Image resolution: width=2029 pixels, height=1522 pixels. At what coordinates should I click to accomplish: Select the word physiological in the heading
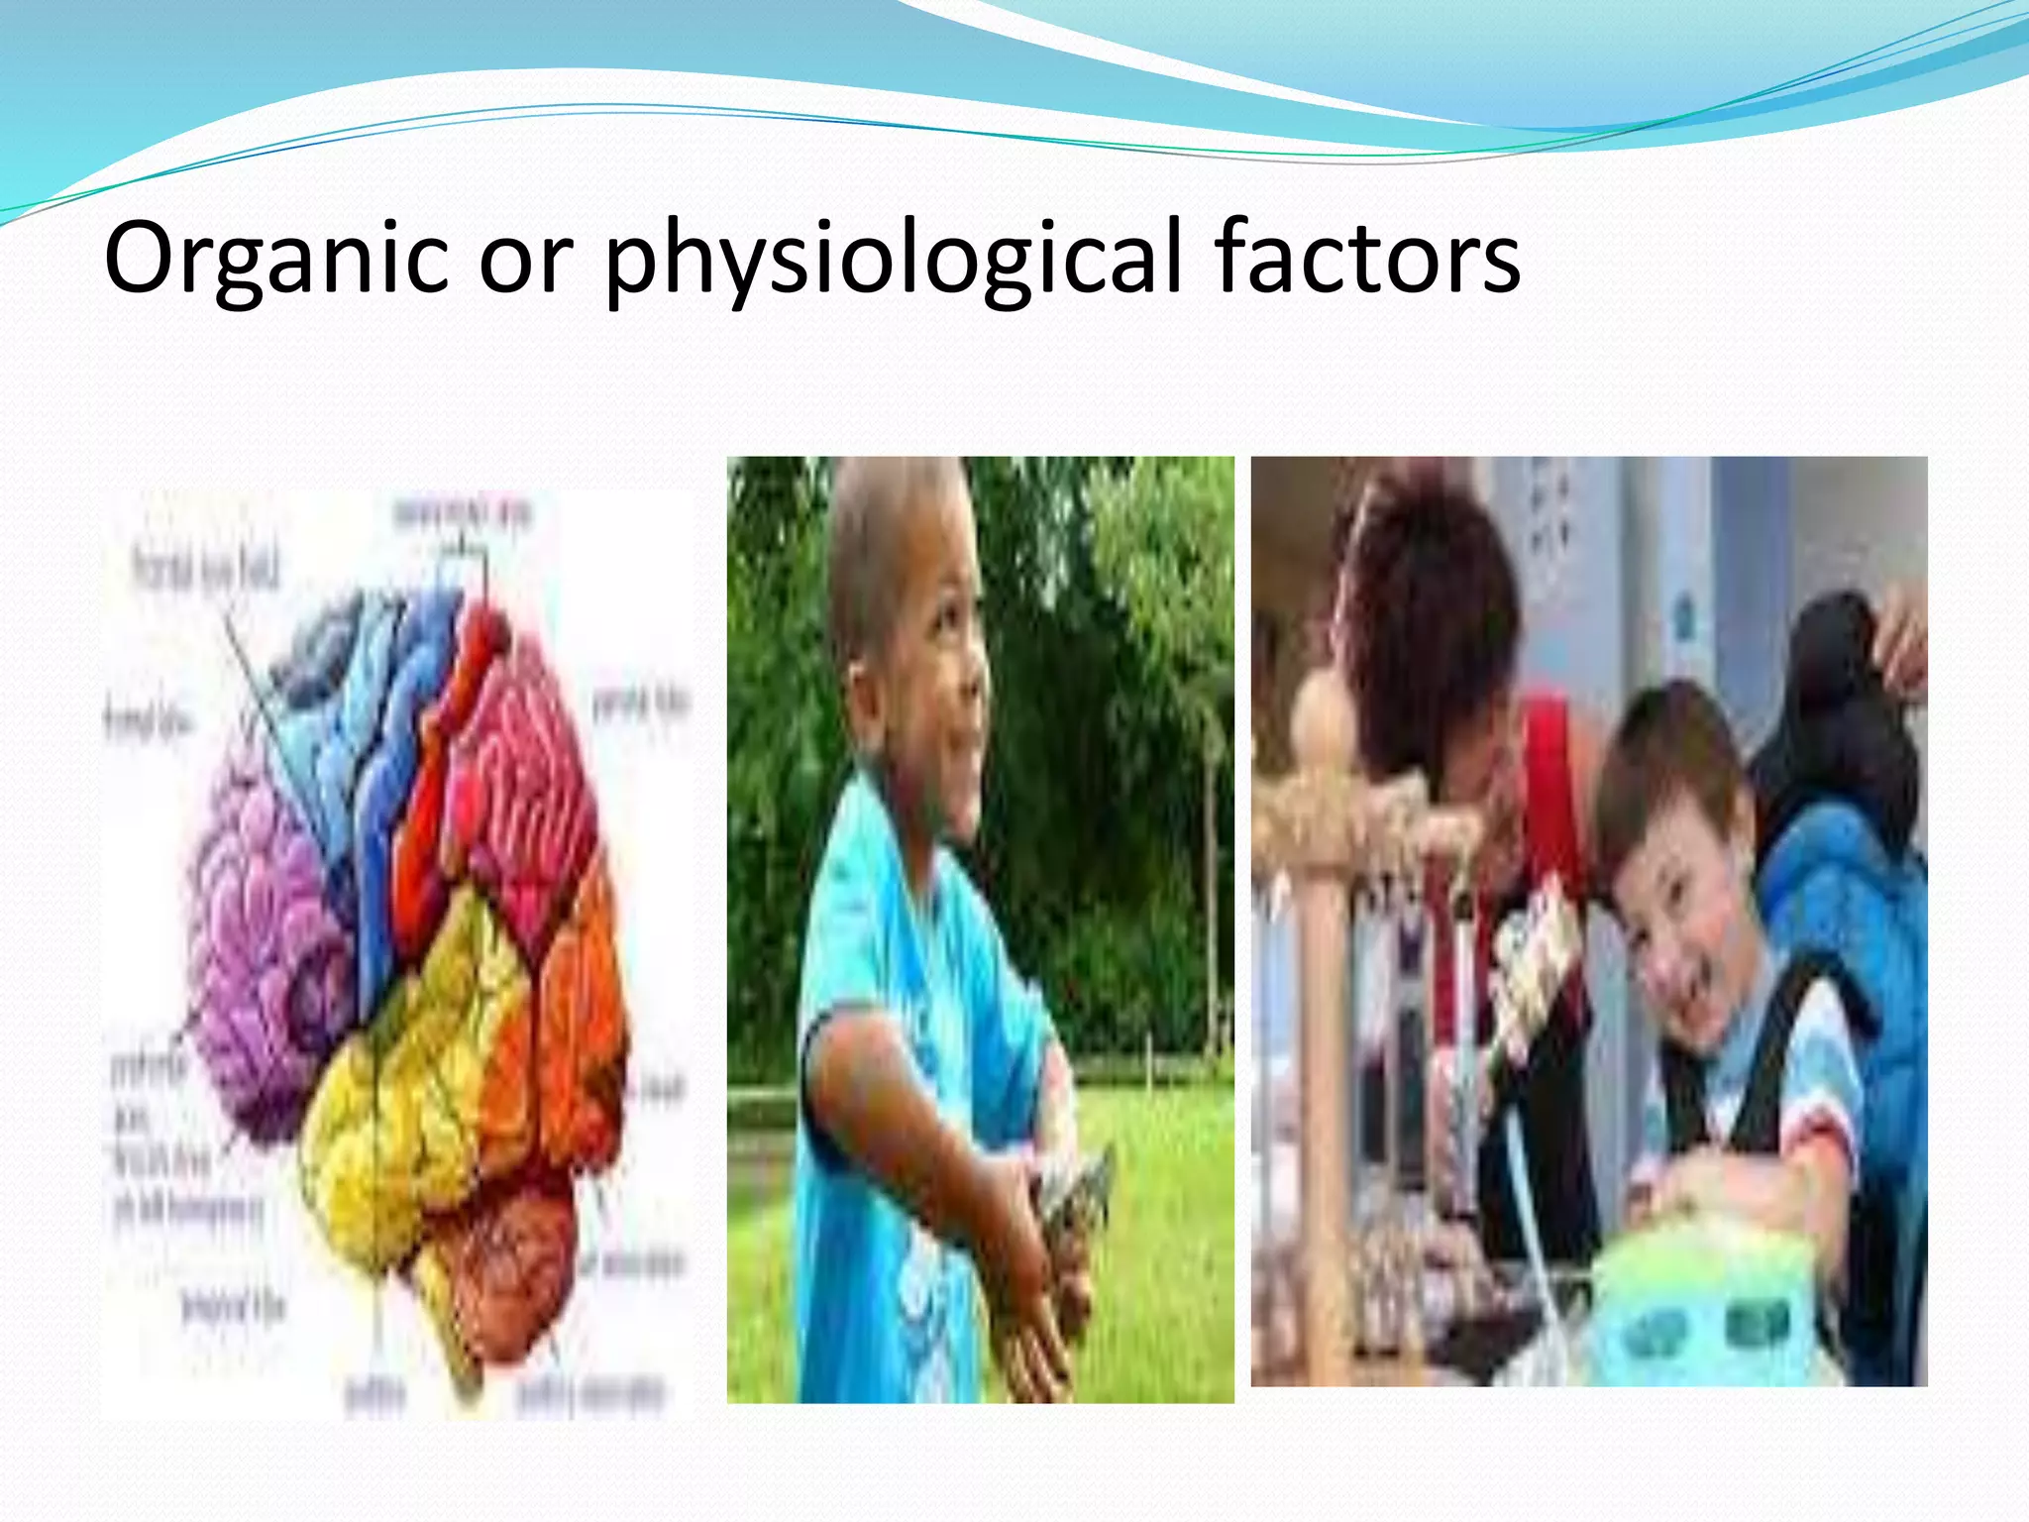(892, 260)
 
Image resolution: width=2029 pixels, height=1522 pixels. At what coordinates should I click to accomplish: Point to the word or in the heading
(526, 262)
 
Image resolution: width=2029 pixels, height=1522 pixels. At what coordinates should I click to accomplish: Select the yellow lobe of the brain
(416, 1090)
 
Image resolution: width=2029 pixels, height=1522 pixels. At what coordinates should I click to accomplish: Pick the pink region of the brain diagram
(525, 773)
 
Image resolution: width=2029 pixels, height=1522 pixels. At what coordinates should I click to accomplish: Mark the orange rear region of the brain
(575, 1021)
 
